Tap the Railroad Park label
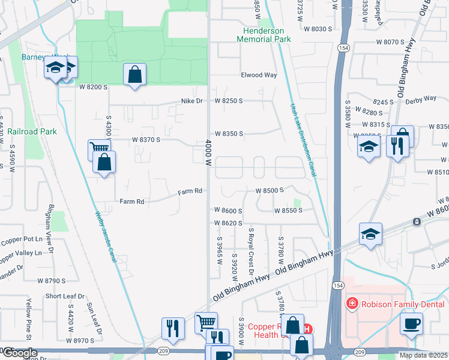pyautogui.click(x=31, y=131)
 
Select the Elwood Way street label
pyautogui.click(x=259, y=75)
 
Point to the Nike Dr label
pyautogui.click(x=192, y=101)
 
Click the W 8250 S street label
pyautogui.click(x=229, y=101)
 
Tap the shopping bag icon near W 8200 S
pyautogui.click(x=135, y=76)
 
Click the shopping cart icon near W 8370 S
pyautogui.click(x=98, y=148)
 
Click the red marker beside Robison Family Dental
pyautogui.click(x=352, y=304)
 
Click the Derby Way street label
pyautogui.click(x=423, y=98)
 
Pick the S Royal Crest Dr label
pyautogui.click(x=251, y=252)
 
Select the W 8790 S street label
pyautogui.click(x=51, y=280)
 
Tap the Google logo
pyautogui.click(x=20, y=353)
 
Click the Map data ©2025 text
pyautogui.click(x=423, y=355)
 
